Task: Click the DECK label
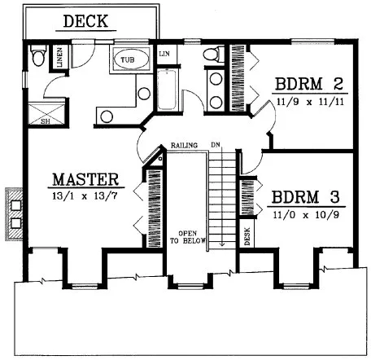click(x=85, y=22)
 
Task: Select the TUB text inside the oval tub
click(x=128, y=60)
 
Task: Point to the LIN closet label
click(x=164, y=53)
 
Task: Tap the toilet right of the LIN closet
click(x=212, y=55)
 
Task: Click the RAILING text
click(x=185, y=147)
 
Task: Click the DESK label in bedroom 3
click(x=247, y=235)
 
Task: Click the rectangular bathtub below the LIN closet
click(x=167, y=90)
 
